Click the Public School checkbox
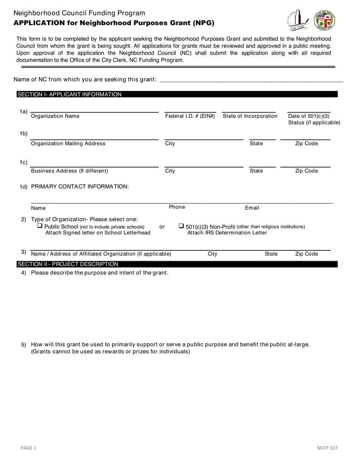pos(40,226)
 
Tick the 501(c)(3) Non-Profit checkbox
pos(181,226)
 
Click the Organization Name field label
pos(55,116)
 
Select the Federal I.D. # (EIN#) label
pos(190,116)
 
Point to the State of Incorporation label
pos(250,116)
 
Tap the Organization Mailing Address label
pos(68,144)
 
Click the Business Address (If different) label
pos(69,171)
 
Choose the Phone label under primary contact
pos(177,207)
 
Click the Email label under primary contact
pos(252,208)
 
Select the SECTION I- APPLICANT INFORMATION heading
pos(69,95)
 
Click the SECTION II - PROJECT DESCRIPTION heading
pos(67,264)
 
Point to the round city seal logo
pos(324,20)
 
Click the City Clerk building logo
pos(297,20)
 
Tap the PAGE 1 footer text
pos(28,448)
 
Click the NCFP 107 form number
pos(327,448)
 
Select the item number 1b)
pos(23,134)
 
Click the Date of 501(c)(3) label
pos(309,116)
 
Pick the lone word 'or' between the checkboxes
pos(162,226)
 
